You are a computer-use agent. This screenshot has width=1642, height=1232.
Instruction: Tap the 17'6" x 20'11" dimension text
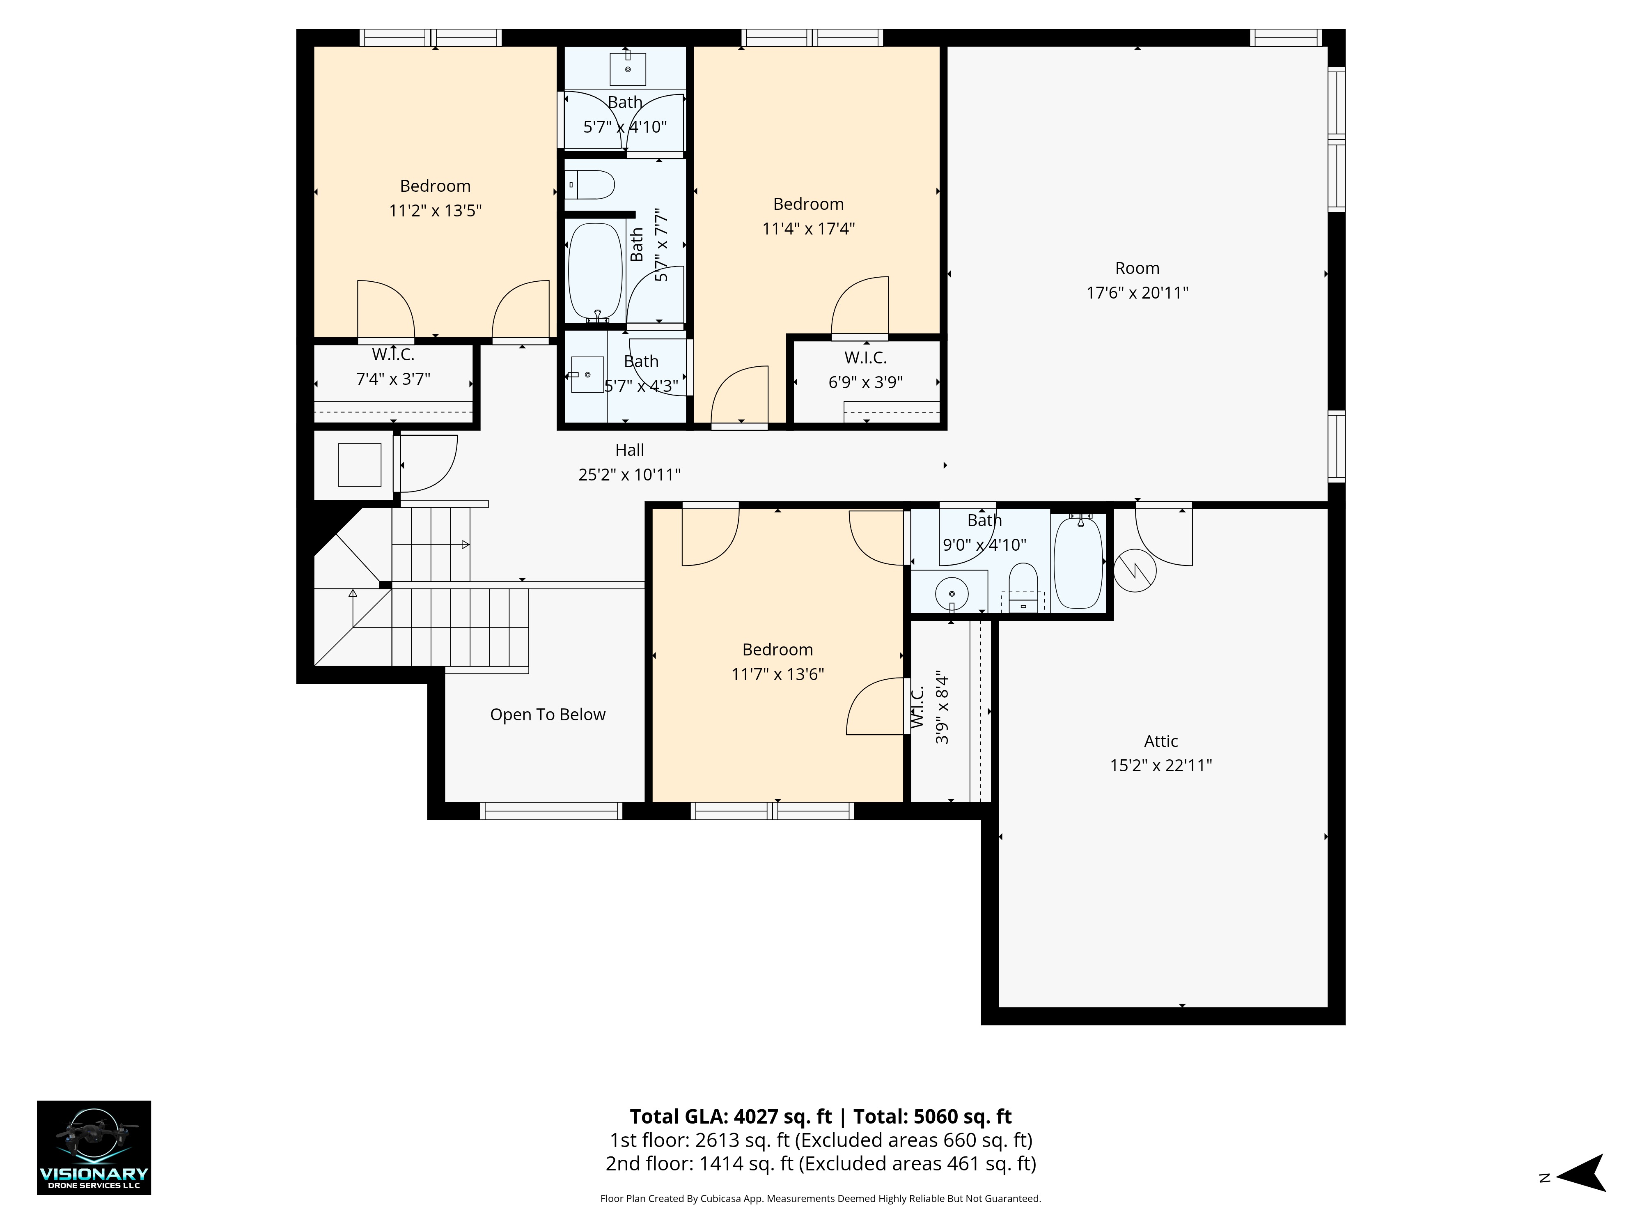pyautogui.click(x=1137, y=292)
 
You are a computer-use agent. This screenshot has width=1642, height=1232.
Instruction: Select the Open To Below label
pyautogui.click(x=548, y=715)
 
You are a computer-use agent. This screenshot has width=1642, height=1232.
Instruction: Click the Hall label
pyautogui.click(x=629, y=450)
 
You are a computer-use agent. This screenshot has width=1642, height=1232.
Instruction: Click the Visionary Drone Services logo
pyautogui.click(x=94, y=1147)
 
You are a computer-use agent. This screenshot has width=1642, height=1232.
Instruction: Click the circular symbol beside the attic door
pyautogui.click(x=1135, y=570)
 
